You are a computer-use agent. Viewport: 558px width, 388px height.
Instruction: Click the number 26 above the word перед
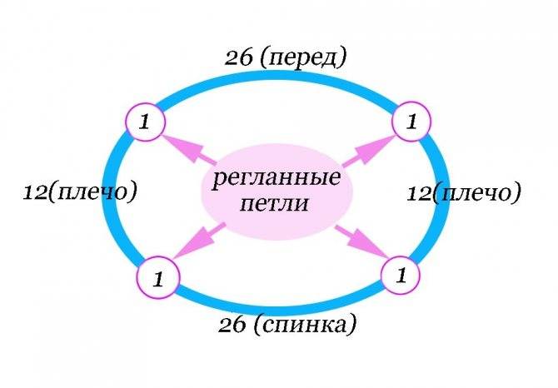[x=237, y=58]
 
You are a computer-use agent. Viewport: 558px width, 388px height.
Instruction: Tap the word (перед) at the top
[x=302, y=58]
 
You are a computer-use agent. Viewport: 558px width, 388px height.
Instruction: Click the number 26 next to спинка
[x=232, y=325]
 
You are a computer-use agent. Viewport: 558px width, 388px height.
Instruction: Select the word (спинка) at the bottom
[x=305, y=325]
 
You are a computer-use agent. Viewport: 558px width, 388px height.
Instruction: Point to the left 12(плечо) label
[x=80, y=192]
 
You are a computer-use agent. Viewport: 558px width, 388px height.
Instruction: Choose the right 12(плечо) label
[x=463, y=193]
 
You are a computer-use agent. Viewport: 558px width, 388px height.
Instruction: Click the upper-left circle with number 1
[x=146, y=122]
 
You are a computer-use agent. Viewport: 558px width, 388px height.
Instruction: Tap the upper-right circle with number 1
[x=411, y=122]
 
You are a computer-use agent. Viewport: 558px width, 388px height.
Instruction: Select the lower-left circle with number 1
[x=157, y=278]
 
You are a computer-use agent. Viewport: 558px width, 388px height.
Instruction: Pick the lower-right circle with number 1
[x=401, y=275]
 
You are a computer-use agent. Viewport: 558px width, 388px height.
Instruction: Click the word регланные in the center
[x=277, y=177]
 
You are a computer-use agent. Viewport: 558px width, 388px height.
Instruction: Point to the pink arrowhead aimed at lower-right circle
[x=367, y=244]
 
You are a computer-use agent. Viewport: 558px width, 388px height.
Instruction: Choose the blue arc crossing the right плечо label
[x=442, y=194]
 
